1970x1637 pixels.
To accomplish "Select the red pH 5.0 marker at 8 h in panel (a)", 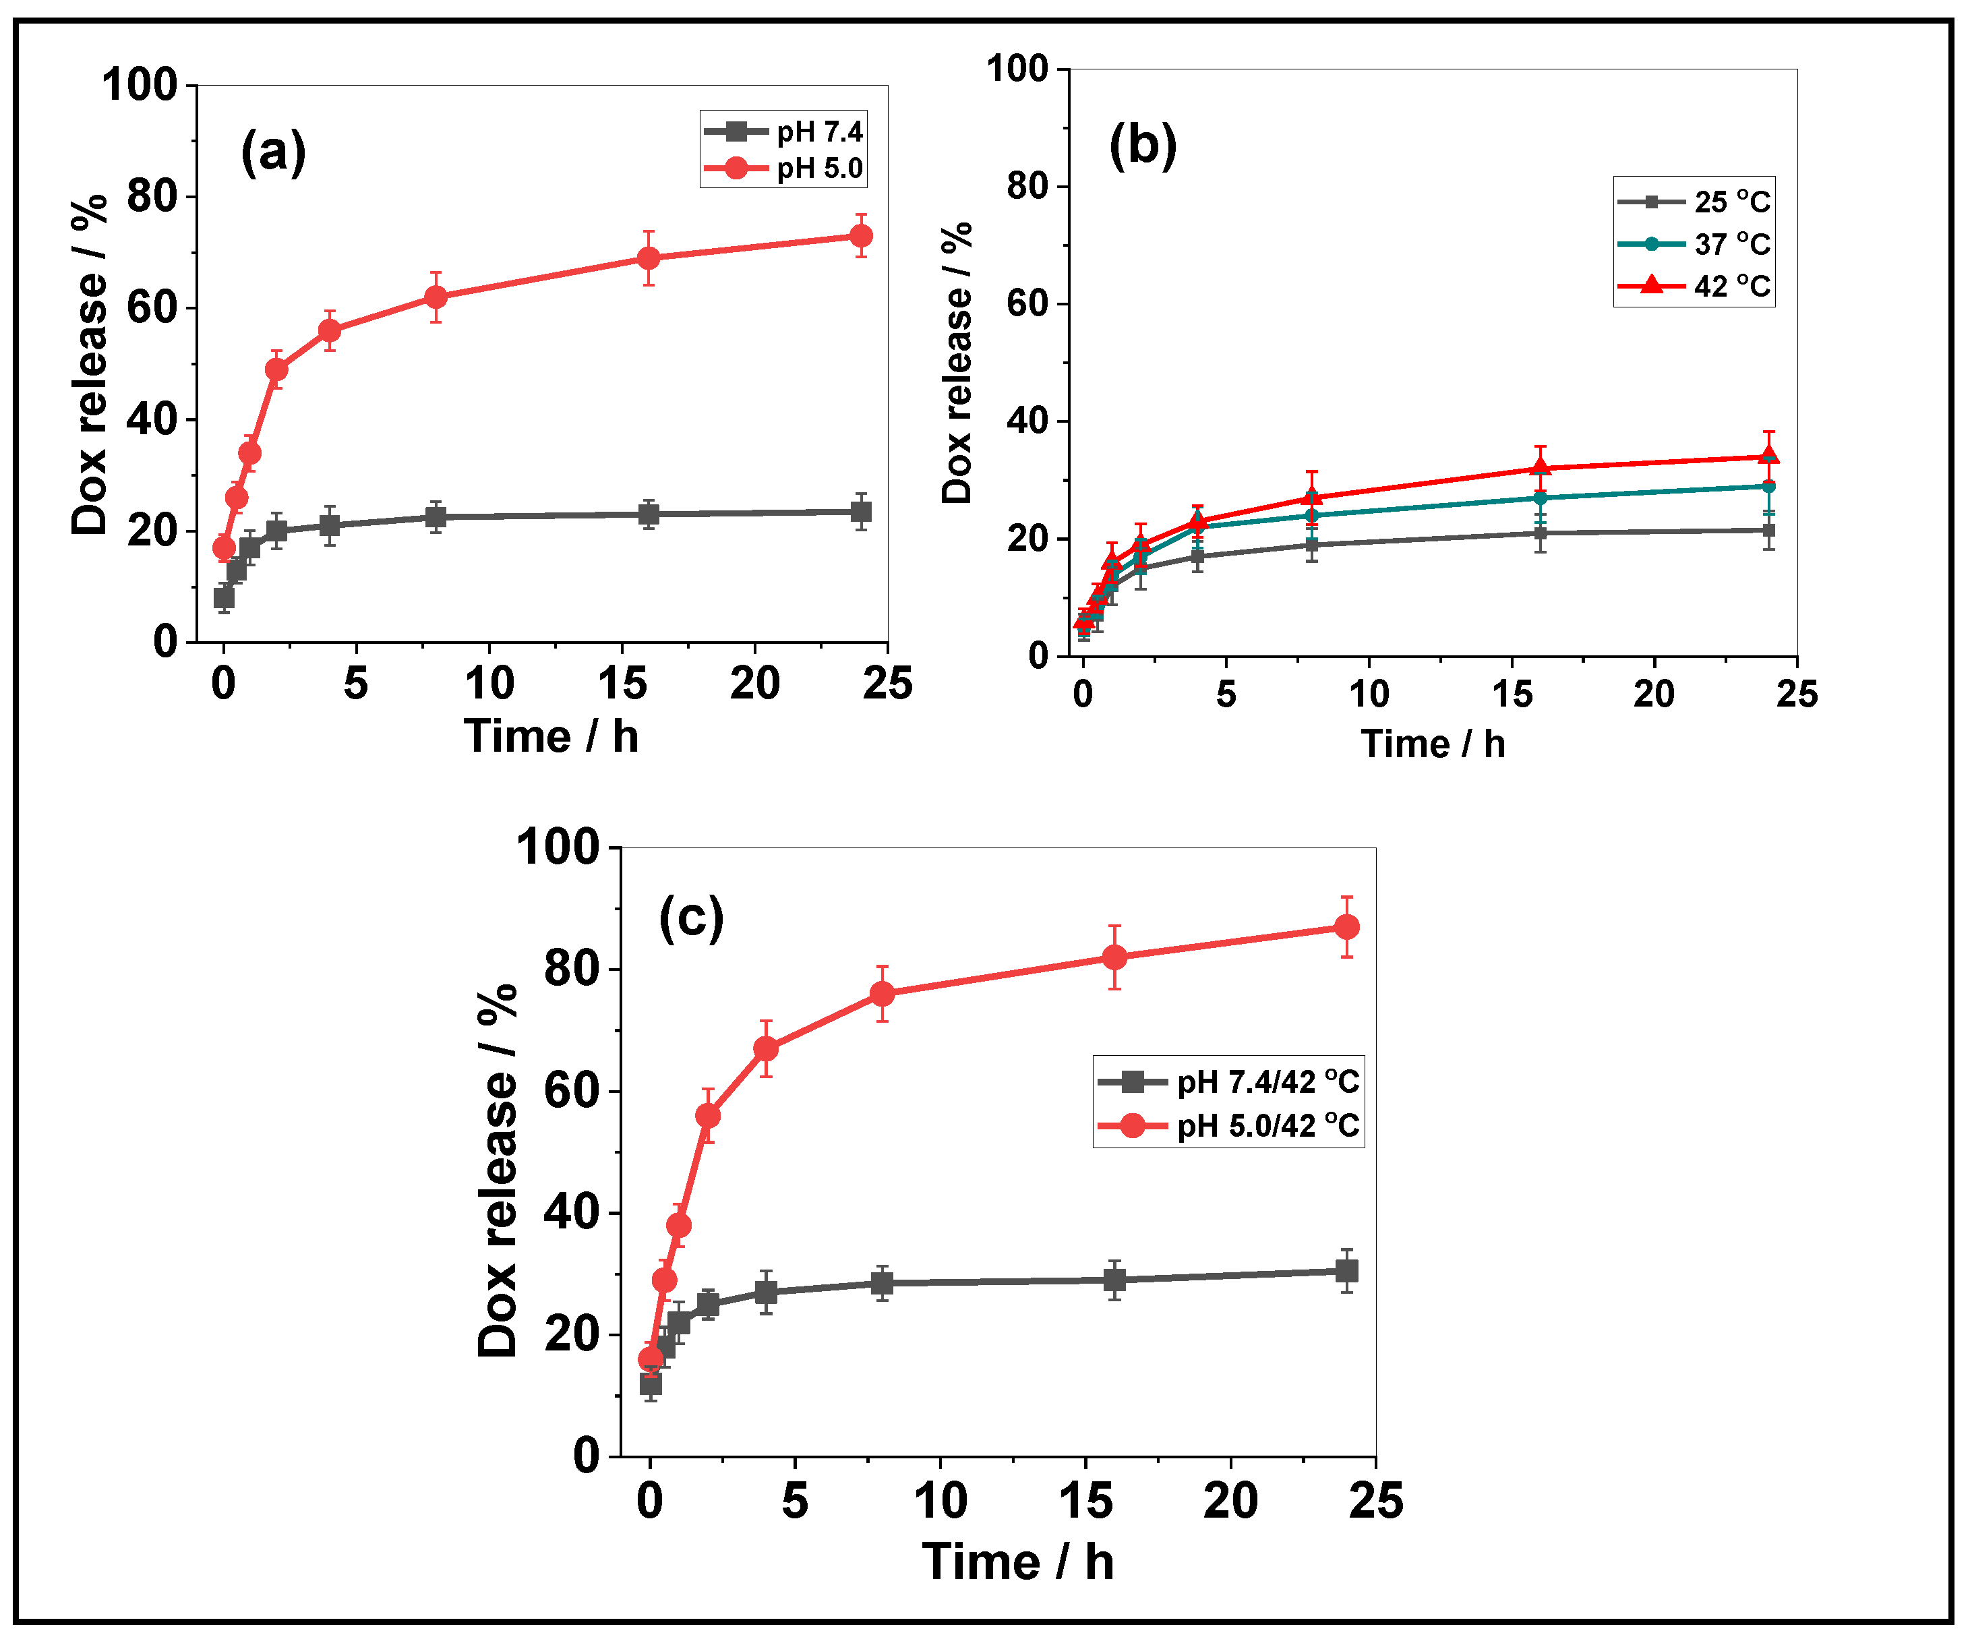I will (436, 297).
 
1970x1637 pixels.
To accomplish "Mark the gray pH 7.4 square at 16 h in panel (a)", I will (648, 514).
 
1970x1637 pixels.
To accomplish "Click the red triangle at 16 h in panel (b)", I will (1541, 467).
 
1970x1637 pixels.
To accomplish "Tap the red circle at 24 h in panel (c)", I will (1346, 927).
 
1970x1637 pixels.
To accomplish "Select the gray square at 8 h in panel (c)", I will (882, 1282).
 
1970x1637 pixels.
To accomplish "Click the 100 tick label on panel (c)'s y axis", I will (558, 847).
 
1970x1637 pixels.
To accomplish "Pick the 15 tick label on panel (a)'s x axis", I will (622, 683).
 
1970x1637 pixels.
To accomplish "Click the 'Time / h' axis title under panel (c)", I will (1018, 1562).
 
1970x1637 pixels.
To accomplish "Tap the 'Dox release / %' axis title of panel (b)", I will (957, 363).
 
